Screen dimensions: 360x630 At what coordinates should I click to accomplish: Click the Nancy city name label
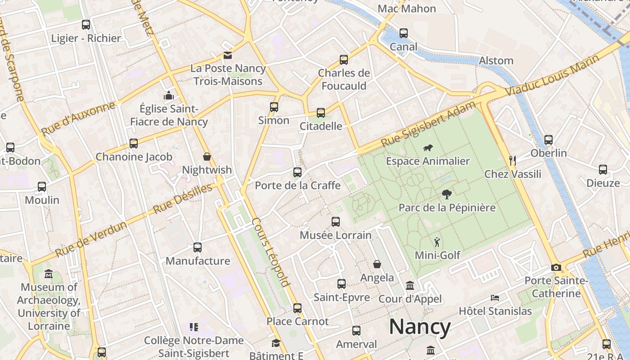(x=419, y=327)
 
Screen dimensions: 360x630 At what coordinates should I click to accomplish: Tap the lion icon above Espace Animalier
(x=428, y=148)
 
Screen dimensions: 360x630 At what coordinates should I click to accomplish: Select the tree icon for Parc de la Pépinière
(x=447, y=194)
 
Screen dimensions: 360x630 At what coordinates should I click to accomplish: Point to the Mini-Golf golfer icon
(x=437, y=243)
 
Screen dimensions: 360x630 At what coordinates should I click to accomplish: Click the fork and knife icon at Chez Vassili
(x=512, y=160)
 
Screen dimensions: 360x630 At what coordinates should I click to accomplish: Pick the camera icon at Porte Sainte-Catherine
(x=556, y=268)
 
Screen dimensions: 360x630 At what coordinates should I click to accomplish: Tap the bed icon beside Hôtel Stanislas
(x=495, y=298)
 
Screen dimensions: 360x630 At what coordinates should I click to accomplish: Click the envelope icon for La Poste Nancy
(x=228, y=55)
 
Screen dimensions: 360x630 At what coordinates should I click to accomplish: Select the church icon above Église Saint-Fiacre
(x=169, y=95)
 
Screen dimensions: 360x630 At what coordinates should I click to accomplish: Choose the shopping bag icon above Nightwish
(x=207, y=157)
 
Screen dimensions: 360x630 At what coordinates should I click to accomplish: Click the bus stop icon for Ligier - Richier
(x=86, y=25)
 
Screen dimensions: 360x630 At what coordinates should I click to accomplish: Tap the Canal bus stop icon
(x=404, y=33)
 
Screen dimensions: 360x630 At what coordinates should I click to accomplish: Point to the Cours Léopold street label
(x=270, y=252)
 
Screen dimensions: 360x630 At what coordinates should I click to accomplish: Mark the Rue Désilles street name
(x=182, y=198)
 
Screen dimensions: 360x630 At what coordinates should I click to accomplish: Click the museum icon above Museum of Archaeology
(x=49, y=274)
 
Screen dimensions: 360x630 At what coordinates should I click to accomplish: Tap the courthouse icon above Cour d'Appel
(x=410, y=286)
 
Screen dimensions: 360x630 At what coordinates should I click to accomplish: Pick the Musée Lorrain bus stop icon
(x=336, y=222)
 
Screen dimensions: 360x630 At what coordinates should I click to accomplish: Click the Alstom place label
(x=496, y=60)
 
